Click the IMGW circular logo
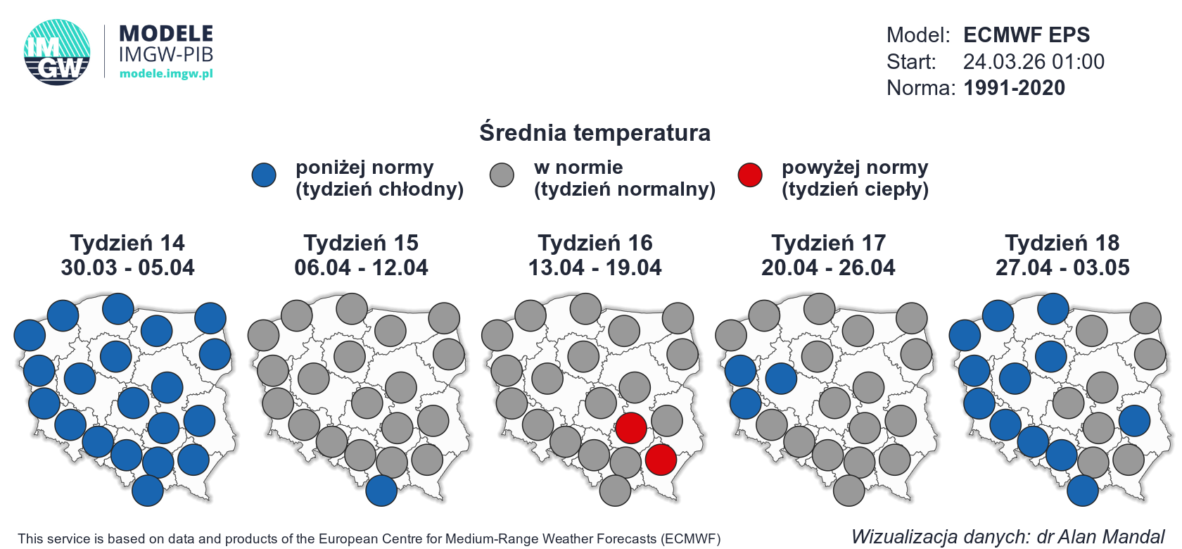pyautogui.click(x=57, y=52)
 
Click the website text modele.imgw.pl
pyautogui.click(x=166, y=73)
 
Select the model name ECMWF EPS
pyautogui.click(x=1026, y=34)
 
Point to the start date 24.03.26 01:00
pyautogui.click(x=1033, y=61)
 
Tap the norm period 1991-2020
pyautogui.click(x=1014, y=88)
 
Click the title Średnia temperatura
pyautogui.click(x=595, y=132)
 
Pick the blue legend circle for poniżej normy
pyautogui.click(x=264, y=175)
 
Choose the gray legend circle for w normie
pyautogui.click(x=502, y=175)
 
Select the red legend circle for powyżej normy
pyautogui.click(x=750, y=175)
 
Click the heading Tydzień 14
pyautogui.click(x=127, y=243)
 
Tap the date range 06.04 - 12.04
pyautogui.click(x=361, y=267)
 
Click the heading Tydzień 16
pyautogui.click(x=595, y=243)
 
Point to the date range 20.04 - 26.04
pyautogui.click(x=828, y=267)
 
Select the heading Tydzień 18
pyautogui.click(x=1062, y=243)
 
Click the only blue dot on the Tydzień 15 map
pyautogui.click(x=381, y=491)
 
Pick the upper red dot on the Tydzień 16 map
pyautogui.click(x=631, y=428)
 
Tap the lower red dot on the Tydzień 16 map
pyautogui.click(x=661, y=460)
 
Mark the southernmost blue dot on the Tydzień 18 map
pyautogui.click(x=1083, y=491)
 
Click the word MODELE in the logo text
pyautogui.click(x=166, y=34)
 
